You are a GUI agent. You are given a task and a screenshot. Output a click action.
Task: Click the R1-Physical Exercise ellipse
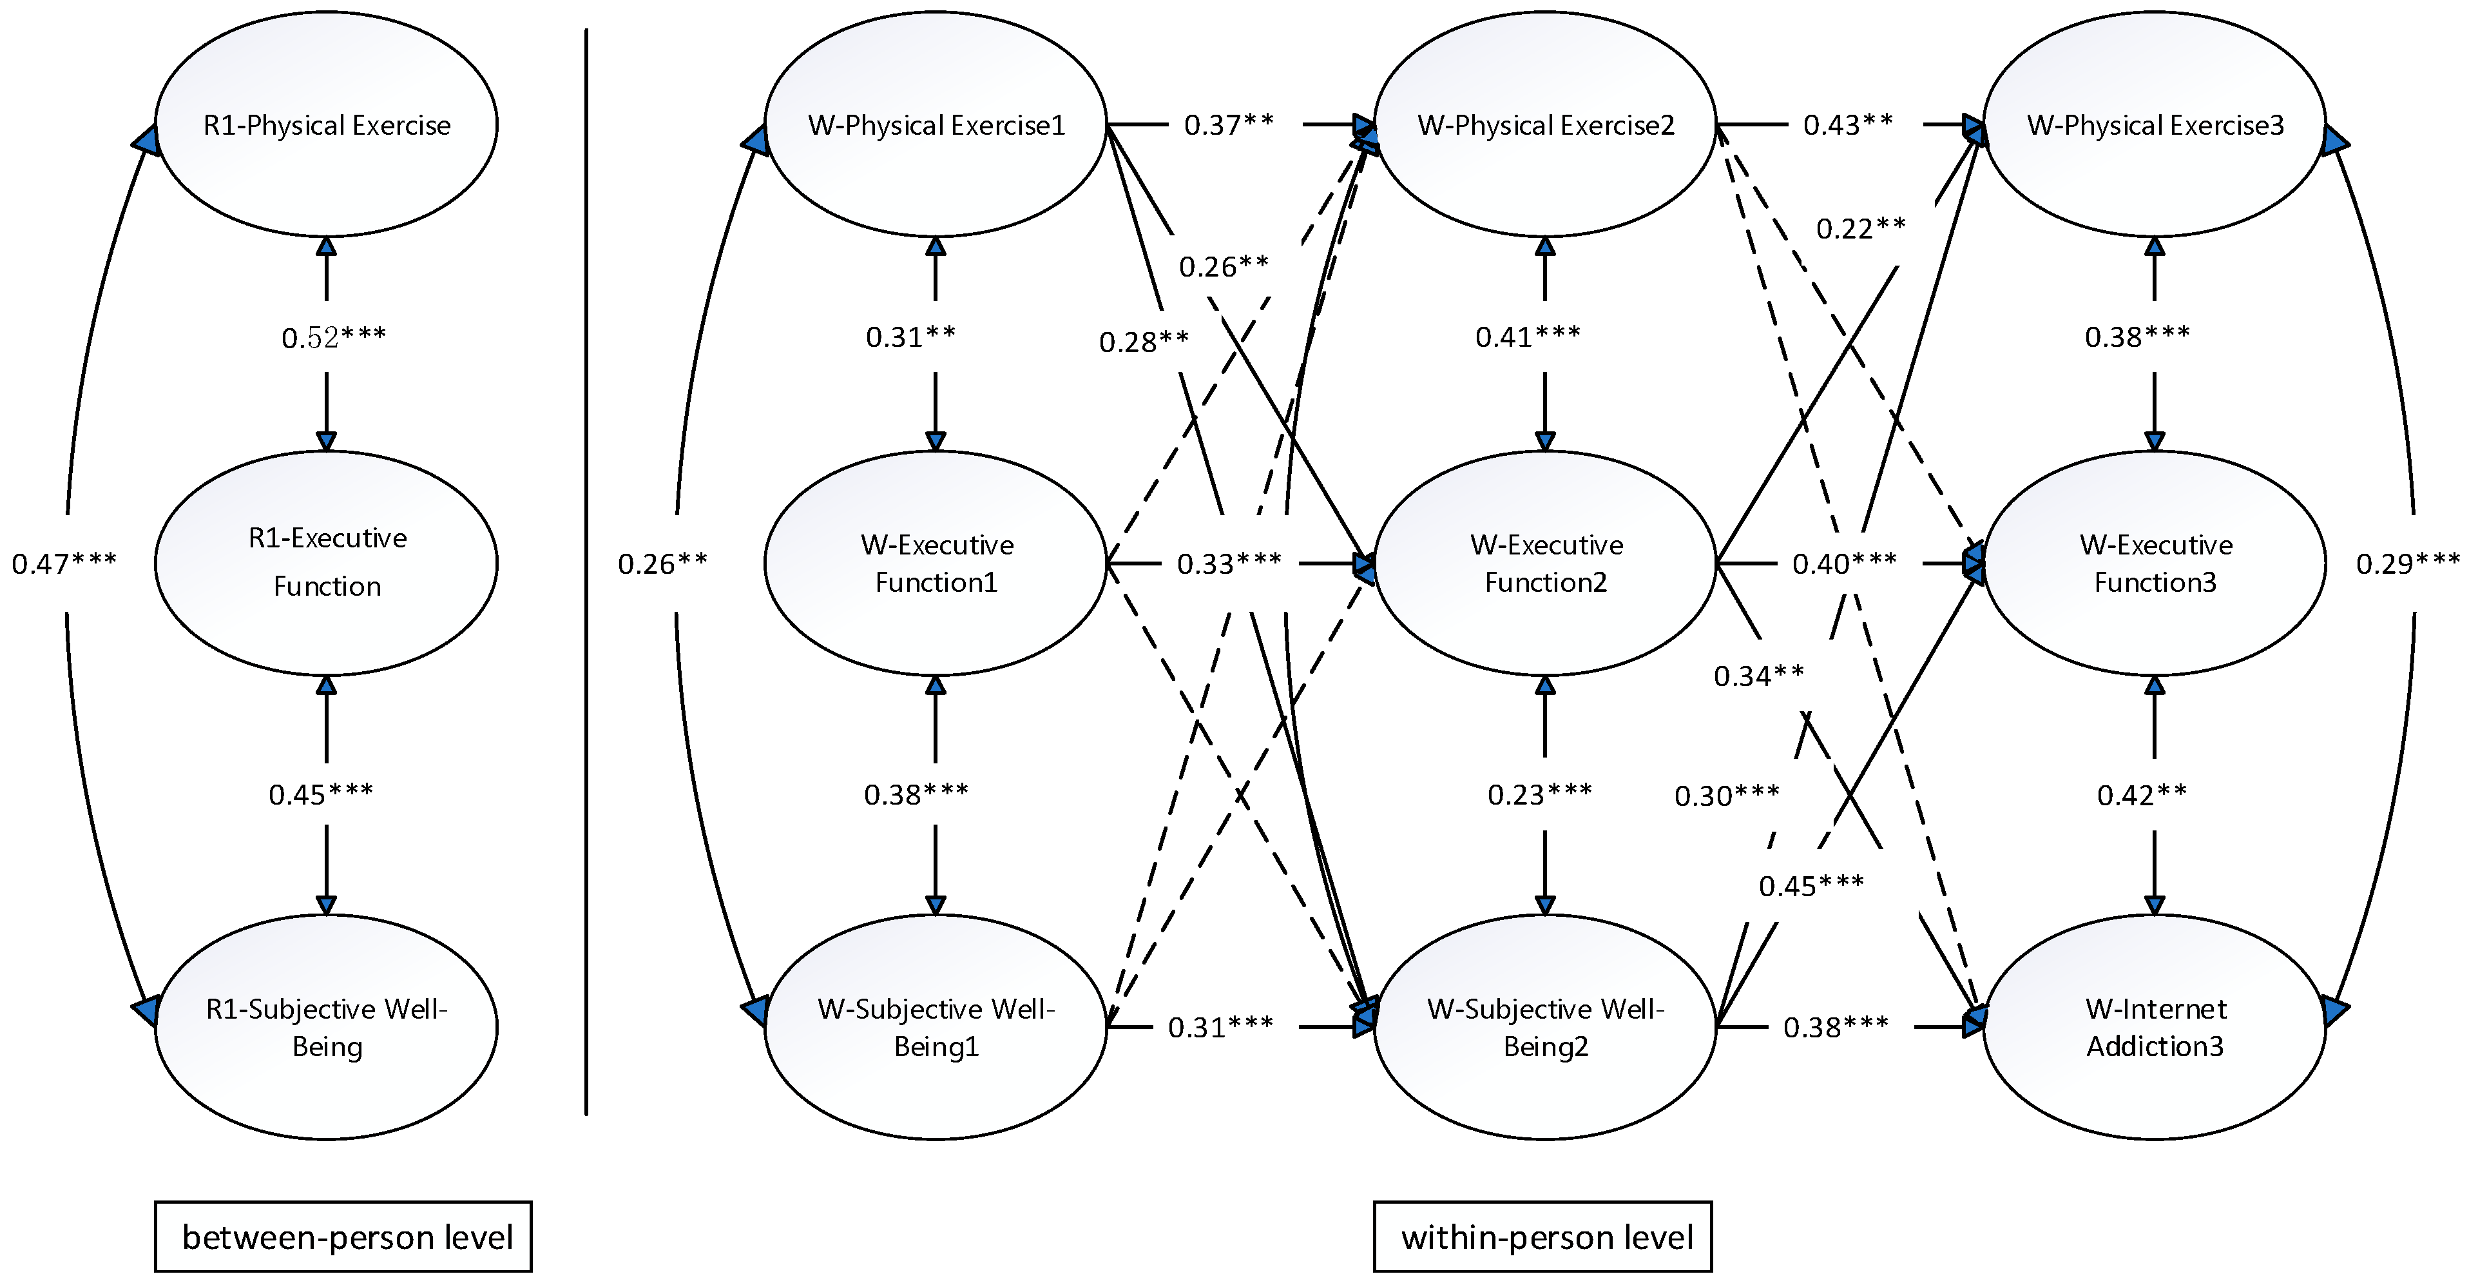(x=326, y=124)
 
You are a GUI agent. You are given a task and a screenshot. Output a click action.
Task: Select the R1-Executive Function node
(x=326, y=563)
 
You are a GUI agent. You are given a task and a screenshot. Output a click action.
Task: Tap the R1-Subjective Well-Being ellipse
(x=326, y=1027)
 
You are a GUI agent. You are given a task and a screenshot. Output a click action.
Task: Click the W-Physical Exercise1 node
(x=936, y=124)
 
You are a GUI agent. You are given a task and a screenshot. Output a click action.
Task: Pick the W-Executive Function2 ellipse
(x=1545, y=563)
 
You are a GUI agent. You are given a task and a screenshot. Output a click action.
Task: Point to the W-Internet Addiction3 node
(x=2155, y=1027)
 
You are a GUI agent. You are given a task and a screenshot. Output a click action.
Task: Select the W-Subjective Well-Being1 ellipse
(x=936, y=1027)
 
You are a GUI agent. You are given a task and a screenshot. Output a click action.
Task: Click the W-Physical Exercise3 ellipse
(x=2155, y=124)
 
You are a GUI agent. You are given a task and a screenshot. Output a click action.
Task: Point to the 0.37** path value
(x=1229, y=124)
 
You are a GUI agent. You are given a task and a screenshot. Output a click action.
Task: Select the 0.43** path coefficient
(x=1848, y=124)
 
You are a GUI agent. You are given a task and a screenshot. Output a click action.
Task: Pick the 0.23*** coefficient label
(x=1539, y=794)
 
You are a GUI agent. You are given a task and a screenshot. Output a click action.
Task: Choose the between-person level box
(x=343, y=1237)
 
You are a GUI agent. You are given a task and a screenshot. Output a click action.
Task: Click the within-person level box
(x=1543, y=1237)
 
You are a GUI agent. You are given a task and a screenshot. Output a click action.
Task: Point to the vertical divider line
(x=586, y=575)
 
